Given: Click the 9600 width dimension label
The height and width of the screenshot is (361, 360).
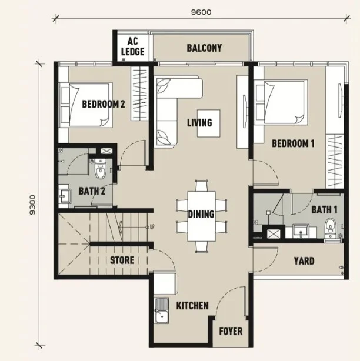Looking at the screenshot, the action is point(201,12).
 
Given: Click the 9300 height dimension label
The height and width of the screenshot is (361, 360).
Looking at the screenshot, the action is point(33,205).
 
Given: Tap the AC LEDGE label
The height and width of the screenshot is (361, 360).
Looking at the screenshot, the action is point(133,46).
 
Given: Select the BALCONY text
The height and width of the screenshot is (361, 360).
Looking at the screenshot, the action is point(204,48).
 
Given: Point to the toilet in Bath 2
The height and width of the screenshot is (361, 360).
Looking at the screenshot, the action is point(101,169).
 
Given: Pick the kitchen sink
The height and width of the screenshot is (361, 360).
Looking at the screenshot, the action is point(162,310).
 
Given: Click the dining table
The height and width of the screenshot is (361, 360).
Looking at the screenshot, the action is point(202,216).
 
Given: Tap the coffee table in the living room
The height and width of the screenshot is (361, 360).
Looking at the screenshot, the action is point(209,123).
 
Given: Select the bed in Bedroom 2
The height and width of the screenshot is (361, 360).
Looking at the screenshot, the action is point(86,105).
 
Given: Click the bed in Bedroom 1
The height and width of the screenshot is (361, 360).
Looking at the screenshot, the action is point(281,102).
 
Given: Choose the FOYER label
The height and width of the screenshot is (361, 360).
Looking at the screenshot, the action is point(231,331).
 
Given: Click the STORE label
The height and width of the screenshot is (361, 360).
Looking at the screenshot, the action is point(122,260).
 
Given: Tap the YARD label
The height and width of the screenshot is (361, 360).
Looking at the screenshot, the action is point(304,261).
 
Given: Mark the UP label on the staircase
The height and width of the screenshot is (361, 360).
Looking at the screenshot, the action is point(152,227).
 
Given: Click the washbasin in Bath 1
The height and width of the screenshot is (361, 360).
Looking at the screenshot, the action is point(301,231).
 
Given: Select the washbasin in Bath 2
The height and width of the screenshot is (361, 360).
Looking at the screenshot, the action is point(65,196).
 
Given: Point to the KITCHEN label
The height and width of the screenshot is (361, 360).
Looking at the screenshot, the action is point(192,306).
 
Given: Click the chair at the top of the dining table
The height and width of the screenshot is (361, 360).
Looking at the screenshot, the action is point(202,186).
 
